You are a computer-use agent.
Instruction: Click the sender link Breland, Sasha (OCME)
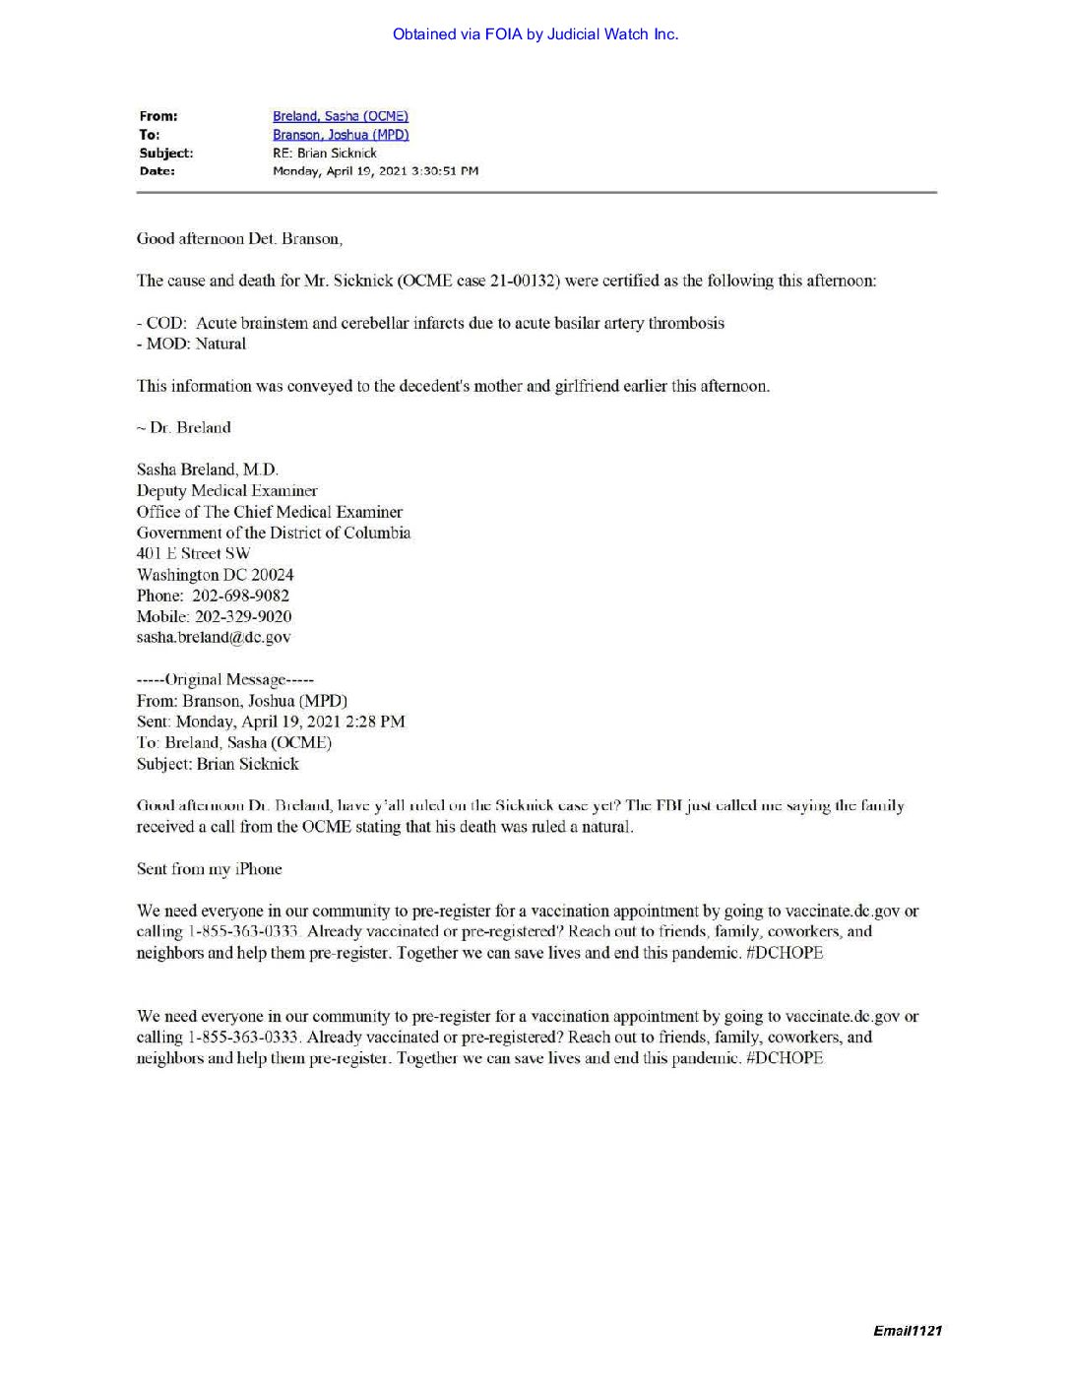point(340,116)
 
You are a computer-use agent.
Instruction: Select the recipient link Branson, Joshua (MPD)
point(340,135)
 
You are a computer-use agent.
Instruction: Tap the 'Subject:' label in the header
point(165,153)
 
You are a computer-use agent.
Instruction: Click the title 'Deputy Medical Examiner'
point(226,490)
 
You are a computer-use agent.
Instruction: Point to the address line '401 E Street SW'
point(193,553)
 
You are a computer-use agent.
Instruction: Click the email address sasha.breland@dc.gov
point(214,637)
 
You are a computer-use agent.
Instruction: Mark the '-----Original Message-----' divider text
point(224,679)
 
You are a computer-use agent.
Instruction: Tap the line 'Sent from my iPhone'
point(209,868)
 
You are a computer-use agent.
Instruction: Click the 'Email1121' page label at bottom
point(907,1331)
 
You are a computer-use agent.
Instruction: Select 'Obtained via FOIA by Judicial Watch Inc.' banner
point(535,34)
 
